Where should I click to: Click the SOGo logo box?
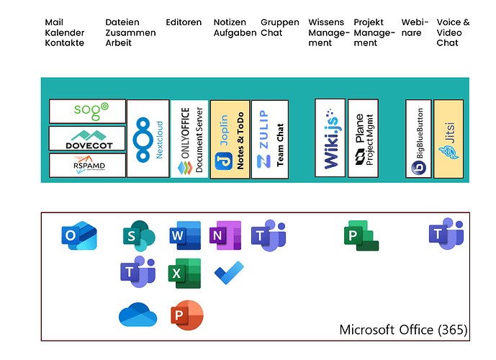[x=87, y=111]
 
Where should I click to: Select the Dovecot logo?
[x=87, y=138]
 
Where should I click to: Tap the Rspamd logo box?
[x=87, y=165]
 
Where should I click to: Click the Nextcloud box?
[x=148, y=138]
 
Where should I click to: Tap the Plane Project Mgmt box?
[x=363, y=138]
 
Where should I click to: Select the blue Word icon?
[x=184, y=235]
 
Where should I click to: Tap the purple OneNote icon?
[x=225, y=235]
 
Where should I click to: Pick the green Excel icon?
[x=184, y=273]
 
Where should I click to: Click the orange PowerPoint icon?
[x=185, y=315]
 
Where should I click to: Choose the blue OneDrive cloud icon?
[x=137, y=315]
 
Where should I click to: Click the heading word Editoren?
[x=184, y=22]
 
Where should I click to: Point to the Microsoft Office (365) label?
[x=403, y=330]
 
